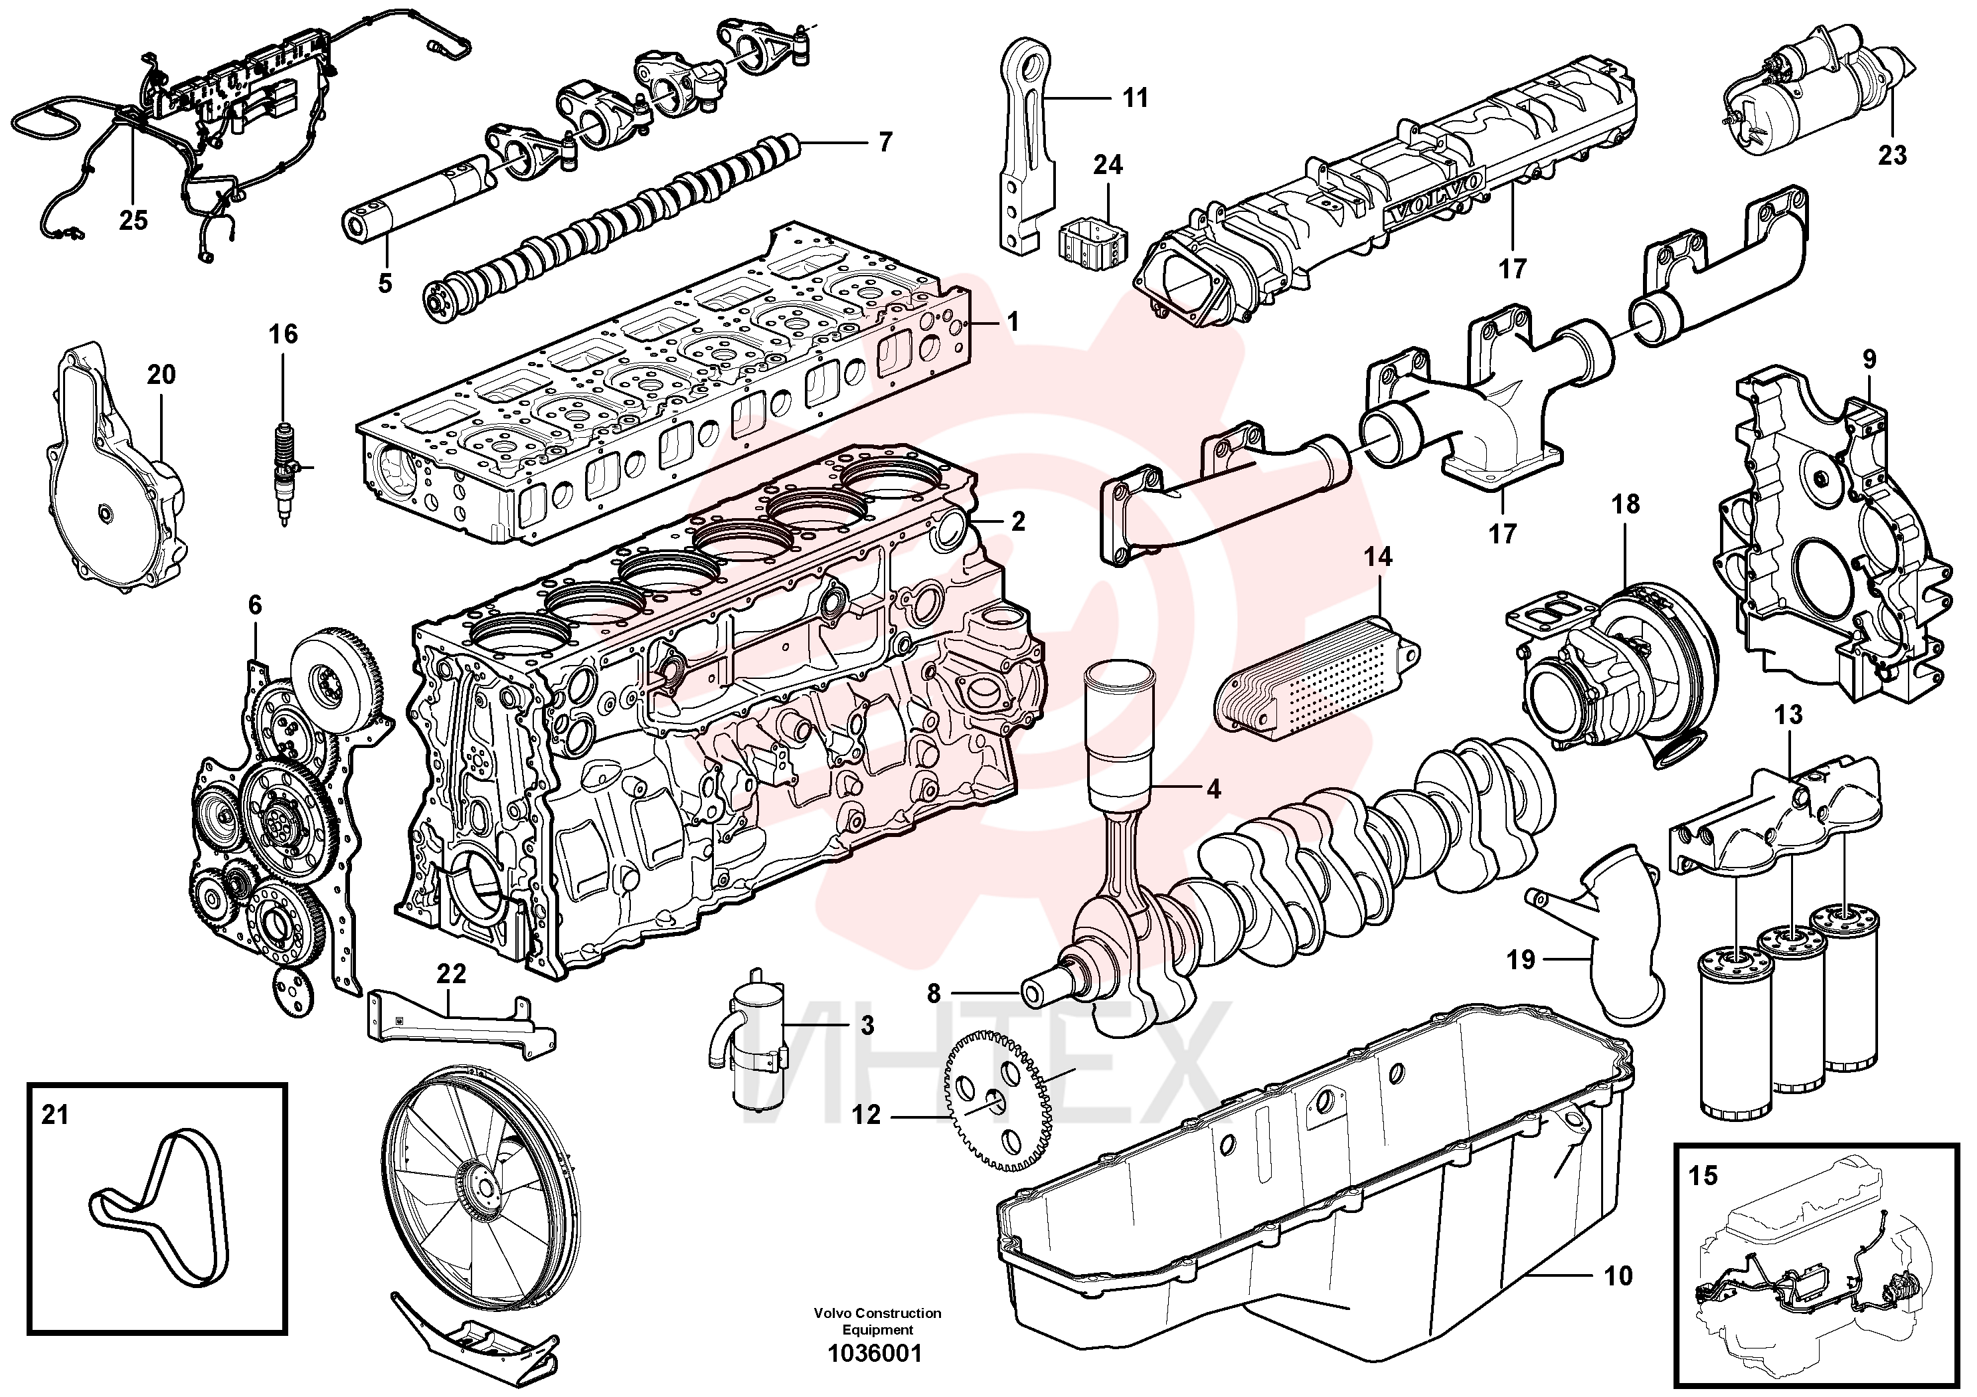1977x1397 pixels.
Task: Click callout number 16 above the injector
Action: point(284,334)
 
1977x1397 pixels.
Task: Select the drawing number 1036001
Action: point(875,1354)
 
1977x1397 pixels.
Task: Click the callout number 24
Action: point(1108,165)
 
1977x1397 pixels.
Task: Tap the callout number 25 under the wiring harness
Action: point(133,221)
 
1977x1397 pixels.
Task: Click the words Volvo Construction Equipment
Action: point(877,1321)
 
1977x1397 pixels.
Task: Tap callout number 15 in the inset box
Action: point(1703,1174)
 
